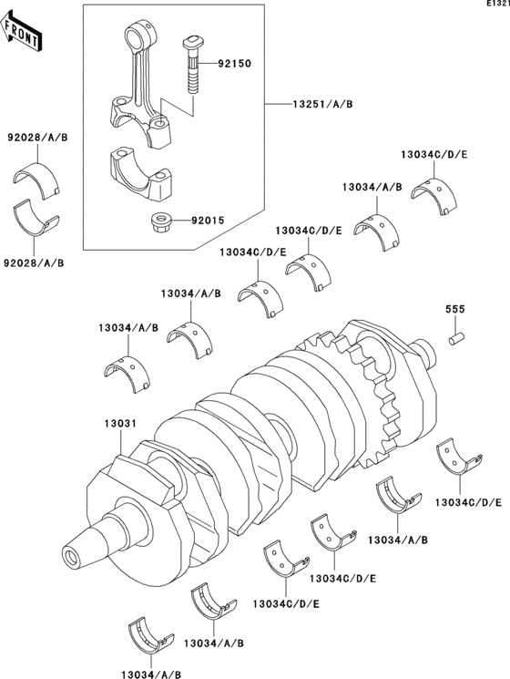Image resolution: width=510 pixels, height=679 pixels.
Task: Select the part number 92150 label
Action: [234, 64]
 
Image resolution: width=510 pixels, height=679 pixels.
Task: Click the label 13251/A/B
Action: [322, 104]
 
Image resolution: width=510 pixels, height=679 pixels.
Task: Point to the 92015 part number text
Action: [208, 221]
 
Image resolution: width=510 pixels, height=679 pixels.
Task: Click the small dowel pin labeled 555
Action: [456, 338]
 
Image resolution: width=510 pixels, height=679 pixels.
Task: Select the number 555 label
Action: [455, 309]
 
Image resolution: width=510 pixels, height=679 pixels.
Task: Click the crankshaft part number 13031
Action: [120, 424]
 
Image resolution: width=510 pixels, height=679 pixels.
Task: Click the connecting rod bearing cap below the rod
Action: [142, 175]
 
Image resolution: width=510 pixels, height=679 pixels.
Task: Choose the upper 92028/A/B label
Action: [37, 138]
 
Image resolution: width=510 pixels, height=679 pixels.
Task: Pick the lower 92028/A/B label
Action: [34, 262]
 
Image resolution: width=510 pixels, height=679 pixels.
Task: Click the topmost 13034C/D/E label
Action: [433, 155]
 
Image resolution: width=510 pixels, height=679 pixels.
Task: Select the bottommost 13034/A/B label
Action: [151, 674]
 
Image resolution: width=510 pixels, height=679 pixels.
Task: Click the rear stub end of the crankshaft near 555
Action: [426, 352]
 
